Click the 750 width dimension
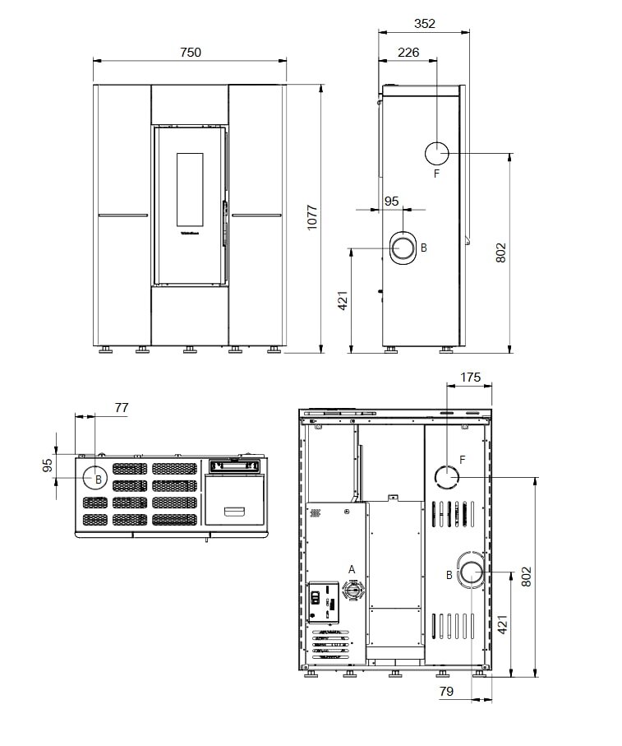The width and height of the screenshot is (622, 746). (x=190, y=52)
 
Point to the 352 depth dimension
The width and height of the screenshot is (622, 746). (x=424, y=24)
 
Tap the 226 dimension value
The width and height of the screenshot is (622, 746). (x=408, y=53)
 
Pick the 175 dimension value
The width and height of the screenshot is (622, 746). (x=470, y=378)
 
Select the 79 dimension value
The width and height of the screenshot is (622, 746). (x=446, y=692)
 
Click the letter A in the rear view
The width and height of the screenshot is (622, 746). (x=352, y=569)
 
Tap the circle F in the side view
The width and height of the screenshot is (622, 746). (x=436, y=153)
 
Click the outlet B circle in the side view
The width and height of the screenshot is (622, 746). (x=405, y=246)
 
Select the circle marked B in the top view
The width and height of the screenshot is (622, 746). (x=96, y=478)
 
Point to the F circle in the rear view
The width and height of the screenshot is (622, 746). (x=446, y=476)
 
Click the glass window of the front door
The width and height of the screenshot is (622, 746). (x=189, y=189)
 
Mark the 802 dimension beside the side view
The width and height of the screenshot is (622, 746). (x=501, y=252)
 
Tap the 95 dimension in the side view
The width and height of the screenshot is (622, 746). (x=391, y=201)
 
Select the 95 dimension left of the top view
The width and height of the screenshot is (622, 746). (x=48, y=466)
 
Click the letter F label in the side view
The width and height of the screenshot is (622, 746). (x=436, y=174)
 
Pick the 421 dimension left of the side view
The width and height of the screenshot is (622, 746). (x=343, y=300)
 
